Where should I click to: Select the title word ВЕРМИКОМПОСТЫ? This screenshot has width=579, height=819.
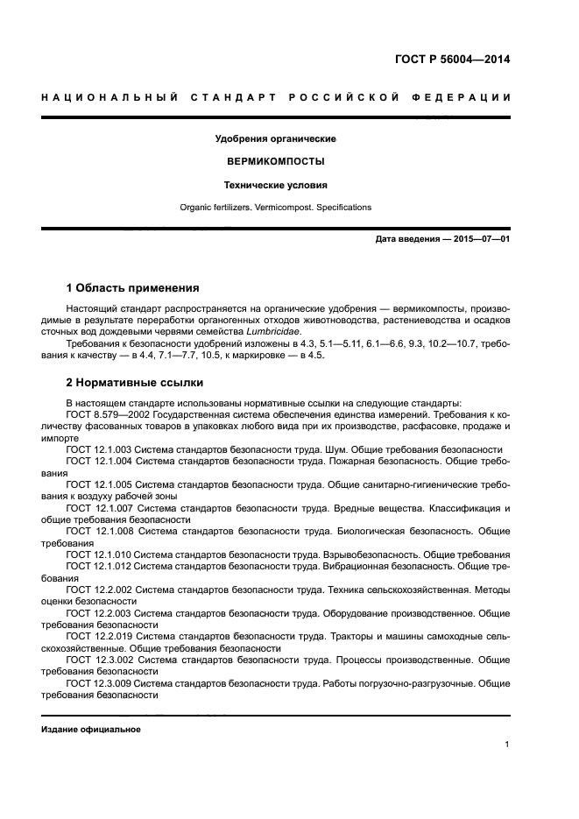(276, 162)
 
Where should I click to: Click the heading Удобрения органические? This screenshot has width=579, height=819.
(276, 138)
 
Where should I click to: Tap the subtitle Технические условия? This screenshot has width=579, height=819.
(276, 186)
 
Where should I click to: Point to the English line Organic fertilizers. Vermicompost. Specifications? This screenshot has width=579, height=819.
(276, 208)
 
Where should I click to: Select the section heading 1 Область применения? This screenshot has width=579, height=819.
(132, 287)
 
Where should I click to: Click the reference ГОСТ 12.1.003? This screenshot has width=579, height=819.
(99, 449)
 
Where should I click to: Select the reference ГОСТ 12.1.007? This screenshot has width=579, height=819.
(100, 508)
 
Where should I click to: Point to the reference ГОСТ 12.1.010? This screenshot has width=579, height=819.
(99, 554)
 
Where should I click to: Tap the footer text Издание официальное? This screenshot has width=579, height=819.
(91, 729)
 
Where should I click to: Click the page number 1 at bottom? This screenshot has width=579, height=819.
(507, 745)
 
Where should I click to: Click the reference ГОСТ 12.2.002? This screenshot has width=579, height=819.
(100, 590)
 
